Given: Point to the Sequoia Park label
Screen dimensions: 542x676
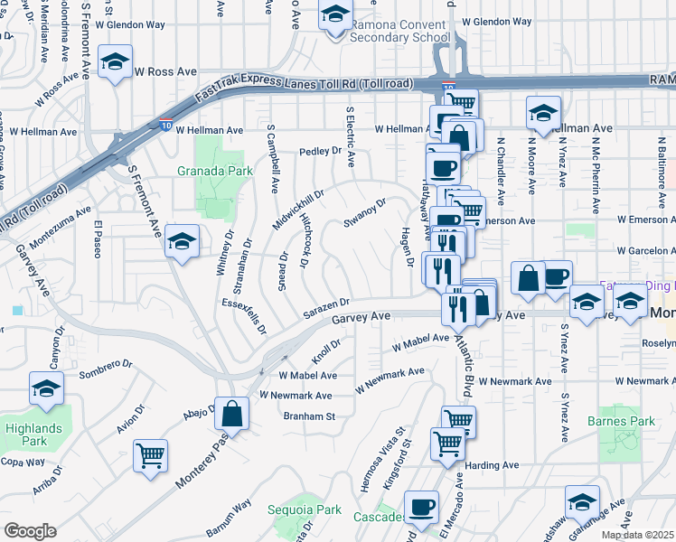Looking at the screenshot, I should click(305, 509).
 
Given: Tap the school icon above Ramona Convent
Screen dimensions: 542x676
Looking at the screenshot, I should click(335, 14).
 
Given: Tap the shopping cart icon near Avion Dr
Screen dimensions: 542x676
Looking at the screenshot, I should click(150, 454).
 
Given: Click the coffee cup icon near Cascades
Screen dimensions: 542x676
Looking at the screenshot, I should click(421, 507).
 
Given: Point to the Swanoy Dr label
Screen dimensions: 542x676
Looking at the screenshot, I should click(365, 213).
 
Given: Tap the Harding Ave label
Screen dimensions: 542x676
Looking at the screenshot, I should click(492, 465).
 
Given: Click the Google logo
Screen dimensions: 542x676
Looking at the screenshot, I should click(30, 531).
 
